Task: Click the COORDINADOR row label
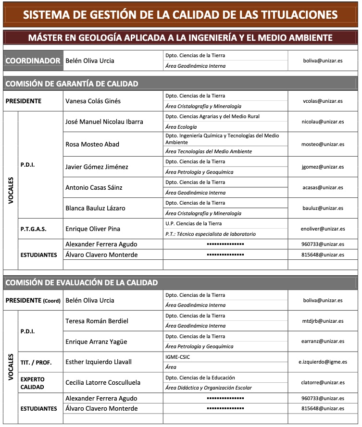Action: click(x=33, y=61)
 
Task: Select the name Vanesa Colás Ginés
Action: click(x=93, y=101)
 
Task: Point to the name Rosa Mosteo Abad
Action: click(x=92, y=144)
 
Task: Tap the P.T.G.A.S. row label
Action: click(x=34, y=229)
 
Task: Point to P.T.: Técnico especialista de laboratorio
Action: click(x=210, y=234)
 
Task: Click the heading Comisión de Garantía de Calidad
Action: click(x=72, y=84)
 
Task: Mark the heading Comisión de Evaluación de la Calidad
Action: click(x=81, y=283)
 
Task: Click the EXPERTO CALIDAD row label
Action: click(x=33, y=383)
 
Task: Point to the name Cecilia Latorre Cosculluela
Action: click(x=103, y=383)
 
